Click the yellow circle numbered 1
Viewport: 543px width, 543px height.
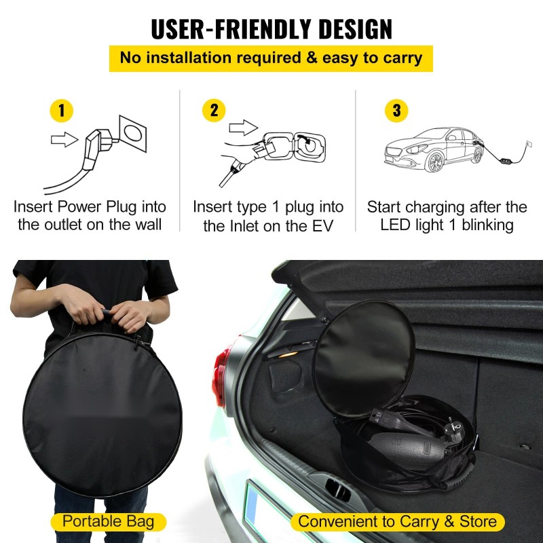pos(62,111)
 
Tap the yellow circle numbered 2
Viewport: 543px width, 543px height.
pos(214,111)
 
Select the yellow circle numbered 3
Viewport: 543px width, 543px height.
pos(396,111)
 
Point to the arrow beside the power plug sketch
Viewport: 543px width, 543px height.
pos(64,140)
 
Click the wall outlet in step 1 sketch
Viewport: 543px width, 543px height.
pos(133,134)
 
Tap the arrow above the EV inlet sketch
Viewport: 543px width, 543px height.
pos(244,128)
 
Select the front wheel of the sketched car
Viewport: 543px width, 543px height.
pos(435,162)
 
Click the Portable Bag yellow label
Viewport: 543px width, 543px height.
pos(109,522)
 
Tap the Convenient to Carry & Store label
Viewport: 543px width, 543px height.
pos(398,522)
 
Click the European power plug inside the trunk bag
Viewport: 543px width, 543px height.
pos(453,431)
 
